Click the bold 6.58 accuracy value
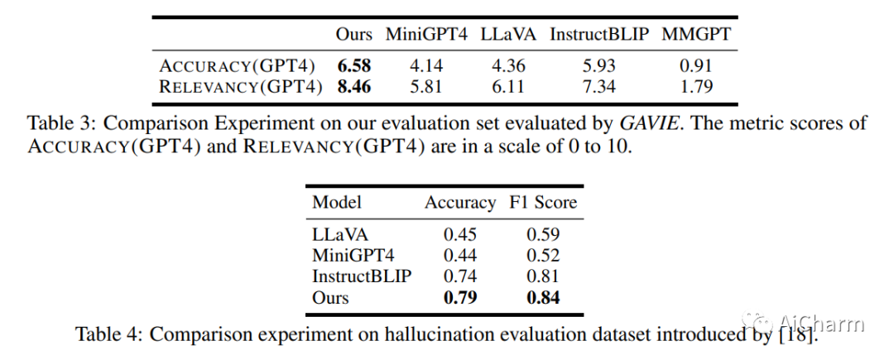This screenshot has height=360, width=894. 353,66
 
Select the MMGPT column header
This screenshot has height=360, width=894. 695,34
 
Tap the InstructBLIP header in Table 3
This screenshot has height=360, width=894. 599,34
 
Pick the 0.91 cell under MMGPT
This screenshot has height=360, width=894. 695,66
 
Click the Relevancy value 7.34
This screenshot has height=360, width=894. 599,87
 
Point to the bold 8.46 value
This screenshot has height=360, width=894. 353,87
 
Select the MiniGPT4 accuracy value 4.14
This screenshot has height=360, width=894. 426,66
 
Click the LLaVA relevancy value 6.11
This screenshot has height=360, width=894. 508,87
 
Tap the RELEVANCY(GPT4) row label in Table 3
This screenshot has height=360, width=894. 241,87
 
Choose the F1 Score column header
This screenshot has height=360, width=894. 543,202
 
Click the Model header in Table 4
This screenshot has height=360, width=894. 336,202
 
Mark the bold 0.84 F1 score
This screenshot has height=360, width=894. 543,297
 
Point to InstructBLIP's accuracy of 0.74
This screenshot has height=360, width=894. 460,276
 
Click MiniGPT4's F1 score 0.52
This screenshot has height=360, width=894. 543,256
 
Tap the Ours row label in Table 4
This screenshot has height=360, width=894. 330,297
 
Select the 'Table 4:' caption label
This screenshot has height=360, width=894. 108,334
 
